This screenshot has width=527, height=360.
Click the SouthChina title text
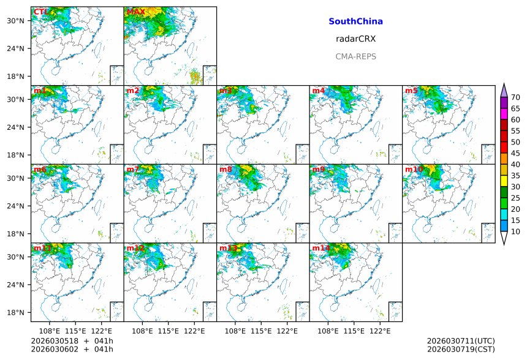coord(355,21)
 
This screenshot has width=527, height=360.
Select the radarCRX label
coord(355,39)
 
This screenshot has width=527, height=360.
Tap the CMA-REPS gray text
coord(355,56)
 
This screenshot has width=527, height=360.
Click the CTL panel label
coord(40,12)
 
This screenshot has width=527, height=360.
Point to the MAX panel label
coord(135,12)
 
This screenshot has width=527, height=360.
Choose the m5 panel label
coord(411,91)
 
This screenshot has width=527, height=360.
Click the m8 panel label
coord(226,170)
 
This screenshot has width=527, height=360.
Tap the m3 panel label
coord(226,91)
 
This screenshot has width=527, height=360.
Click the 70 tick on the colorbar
coord(515,97)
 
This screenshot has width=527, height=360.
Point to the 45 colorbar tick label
coord(515,154)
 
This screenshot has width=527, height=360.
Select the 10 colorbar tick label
coord(515,231)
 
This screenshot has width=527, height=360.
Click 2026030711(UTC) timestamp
coord(460,341)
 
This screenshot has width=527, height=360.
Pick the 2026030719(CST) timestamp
coord(460,350)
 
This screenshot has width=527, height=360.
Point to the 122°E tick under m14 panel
coord(381,331)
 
